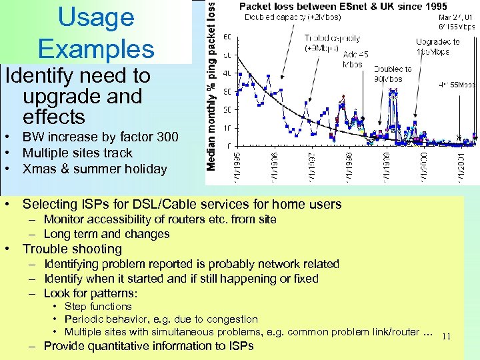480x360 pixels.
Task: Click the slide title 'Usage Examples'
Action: click(x=96, y=33)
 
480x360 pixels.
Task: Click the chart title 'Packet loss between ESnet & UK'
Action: click(x=343, y=7)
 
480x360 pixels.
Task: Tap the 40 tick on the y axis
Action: click(x=227, y=73)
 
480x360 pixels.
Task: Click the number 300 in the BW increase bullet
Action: click(x=167, y=137)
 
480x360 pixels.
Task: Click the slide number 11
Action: click(x=446, y=337)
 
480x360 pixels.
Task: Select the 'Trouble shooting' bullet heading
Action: click(x=72, y=249)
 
